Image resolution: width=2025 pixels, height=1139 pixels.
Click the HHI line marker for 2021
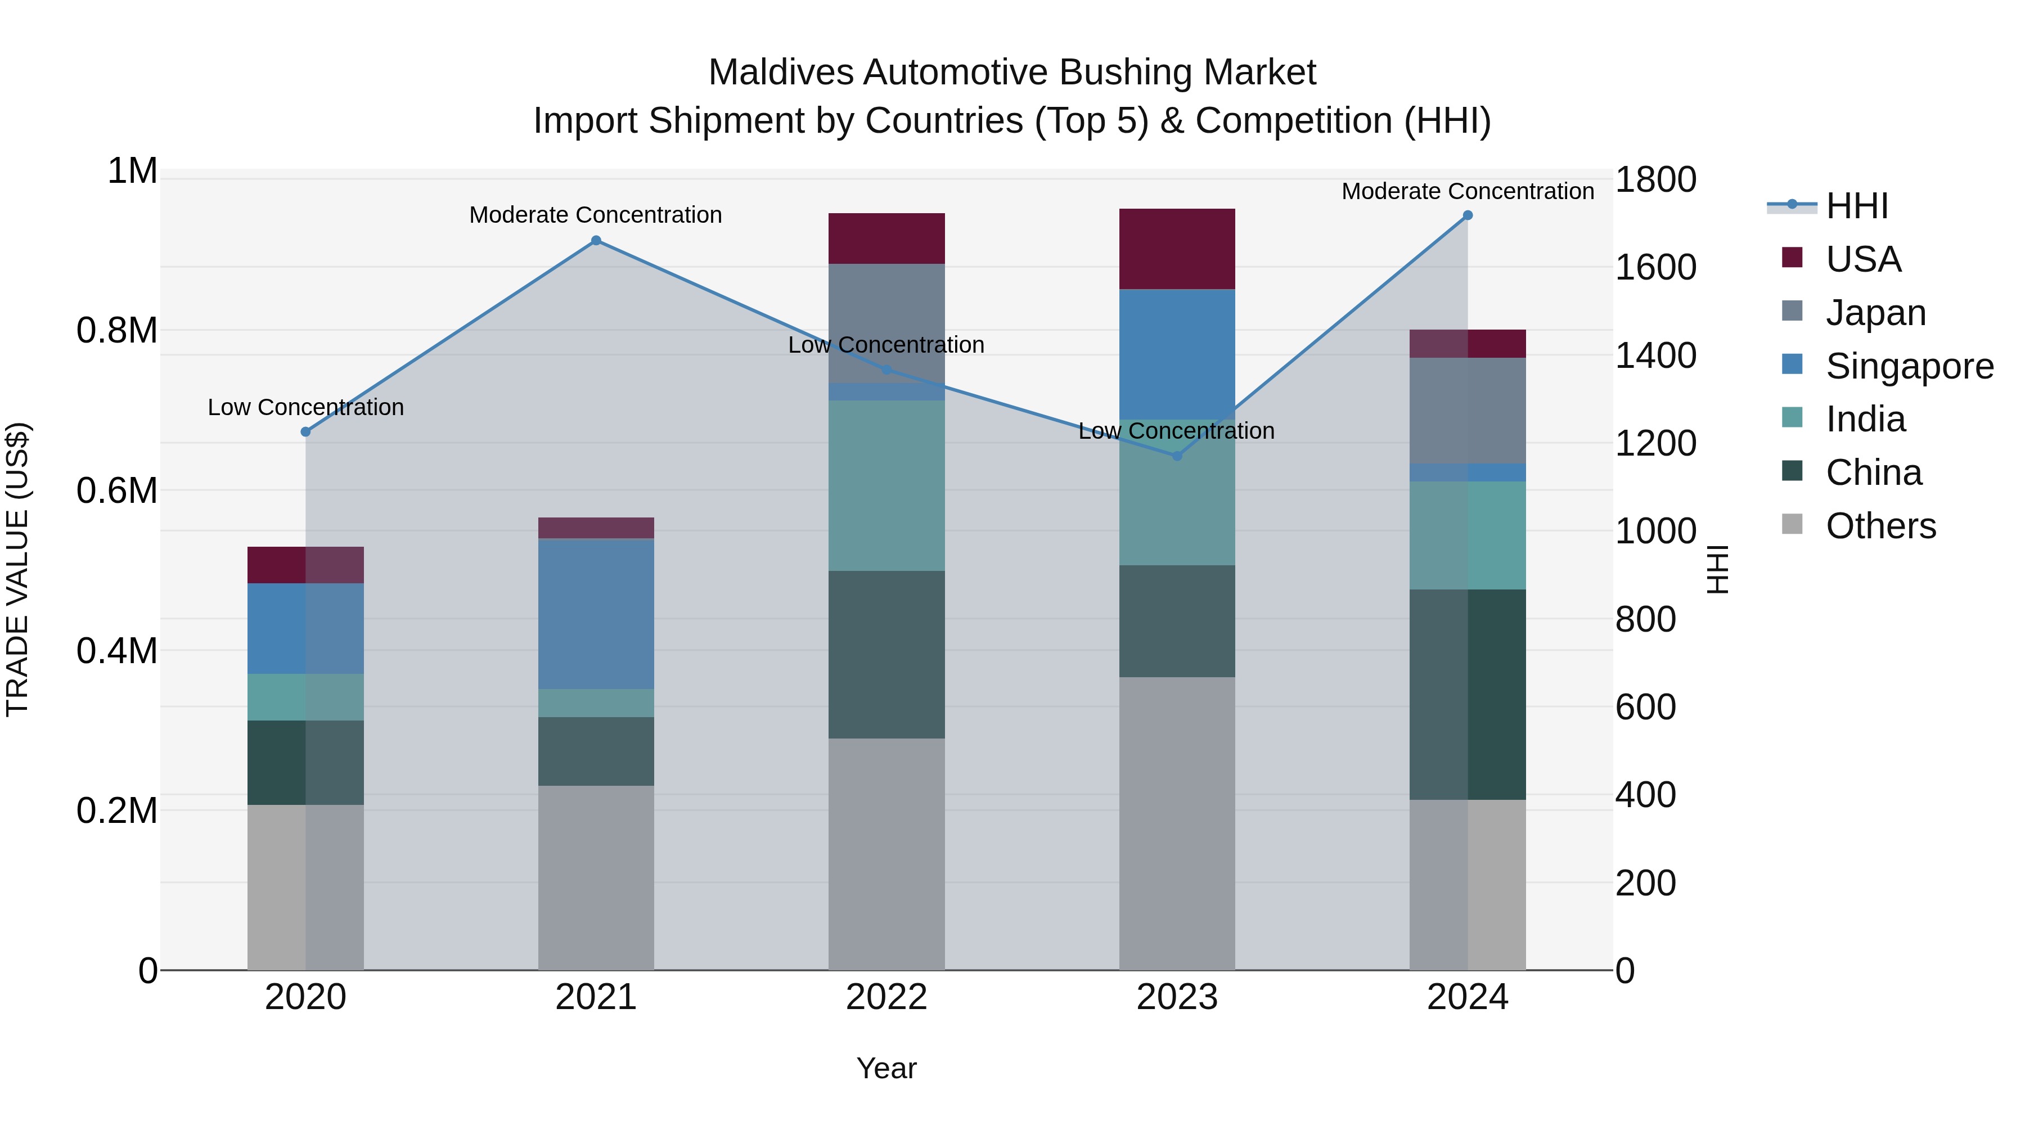click(x=596, y=241)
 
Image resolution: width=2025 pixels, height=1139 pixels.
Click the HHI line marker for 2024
click(x=1468, y=215)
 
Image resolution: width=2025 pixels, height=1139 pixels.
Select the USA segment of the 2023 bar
click(x=1177, y=249)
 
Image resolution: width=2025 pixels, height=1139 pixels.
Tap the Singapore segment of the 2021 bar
click(x=596, y=614)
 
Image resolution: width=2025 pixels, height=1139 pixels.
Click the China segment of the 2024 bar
click(x=1468, y=694)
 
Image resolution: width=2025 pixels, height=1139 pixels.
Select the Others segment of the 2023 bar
click(x=1177, y=823)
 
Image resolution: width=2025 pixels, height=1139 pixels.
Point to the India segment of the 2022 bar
click(x=886, y=485)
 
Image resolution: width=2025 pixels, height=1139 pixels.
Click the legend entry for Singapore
click(x=1909, y=366)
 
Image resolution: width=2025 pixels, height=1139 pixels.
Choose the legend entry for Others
click(x=1880, y=526)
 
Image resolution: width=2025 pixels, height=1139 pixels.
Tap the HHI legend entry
click(x=1856, y=206)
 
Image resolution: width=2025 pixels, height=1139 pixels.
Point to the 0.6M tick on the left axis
click(x=116, y=490)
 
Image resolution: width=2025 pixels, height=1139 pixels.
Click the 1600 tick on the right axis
click(x=1655, y=267)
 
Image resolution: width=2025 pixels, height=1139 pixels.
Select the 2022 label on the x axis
click(x=886, y=997)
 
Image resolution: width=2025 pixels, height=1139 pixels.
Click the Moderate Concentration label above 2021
click(x=596, y=215)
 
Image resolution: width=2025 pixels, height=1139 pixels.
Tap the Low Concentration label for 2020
click(x=306, y=407)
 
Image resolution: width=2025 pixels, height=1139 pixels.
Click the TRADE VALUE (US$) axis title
click(x=17, y=569)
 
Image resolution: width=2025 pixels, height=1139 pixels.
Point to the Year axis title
click(x=886, y=1068)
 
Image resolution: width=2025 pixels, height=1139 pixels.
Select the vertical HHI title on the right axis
click(x=1718, y=569)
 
